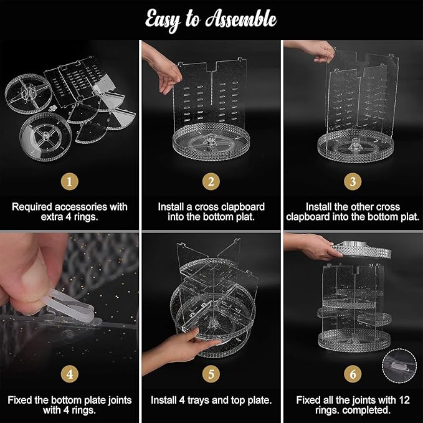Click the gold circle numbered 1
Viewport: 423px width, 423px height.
click(70, 181)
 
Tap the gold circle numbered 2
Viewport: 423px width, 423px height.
click(211, 181)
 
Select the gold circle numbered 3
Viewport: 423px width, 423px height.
click(353, 181)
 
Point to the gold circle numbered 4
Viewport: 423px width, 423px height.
click(70, 374)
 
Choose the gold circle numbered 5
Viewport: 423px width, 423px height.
click(211, 374)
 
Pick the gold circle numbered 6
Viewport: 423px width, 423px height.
click(353, 374)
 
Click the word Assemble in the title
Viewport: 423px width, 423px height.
click(241, 19)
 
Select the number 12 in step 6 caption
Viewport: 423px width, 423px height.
click(404, 400)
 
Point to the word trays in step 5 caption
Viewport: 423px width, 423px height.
click(199, 400)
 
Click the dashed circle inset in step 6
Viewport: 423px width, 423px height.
click(399, 366)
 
